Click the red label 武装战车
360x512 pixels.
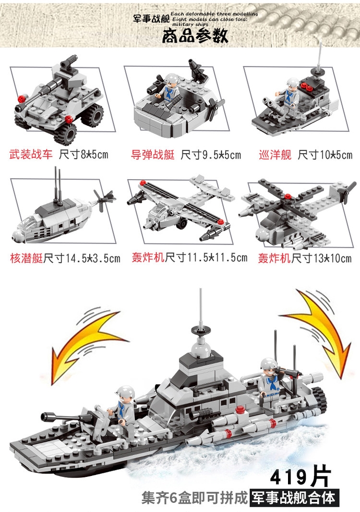pyautogui.click(x=31, y=154)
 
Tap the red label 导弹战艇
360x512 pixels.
pyautogui.click(x=153, y=155)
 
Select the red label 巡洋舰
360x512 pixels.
pyautogui.click(x=275, y=155)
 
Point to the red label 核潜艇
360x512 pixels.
pyautogui.click(x=26, y=258)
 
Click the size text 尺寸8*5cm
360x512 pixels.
pyautogui.click(x=84, y=154)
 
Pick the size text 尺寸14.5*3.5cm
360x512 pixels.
pyautogui.click(x=82, y=258)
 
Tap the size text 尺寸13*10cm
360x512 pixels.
pyautogui.click(x=322, y=258)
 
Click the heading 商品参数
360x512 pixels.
pyautogui.click(x=195, y=36)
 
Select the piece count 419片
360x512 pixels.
pyautogui.click(x=300, y=477)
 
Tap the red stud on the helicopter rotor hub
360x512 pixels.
pyautogui.click(x=288, y=196)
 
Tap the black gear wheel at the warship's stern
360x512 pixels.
pyautogui.click(x=319, y=400)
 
